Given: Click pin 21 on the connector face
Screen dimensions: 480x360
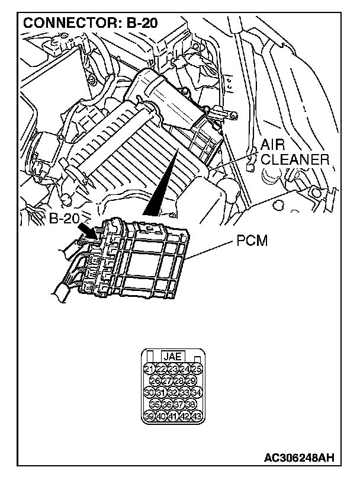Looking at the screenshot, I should pos(149,370).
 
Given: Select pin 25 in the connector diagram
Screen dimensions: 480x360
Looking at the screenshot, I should pos(197,370).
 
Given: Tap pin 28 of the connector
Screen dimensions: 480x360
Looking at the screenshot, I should pos(179,381).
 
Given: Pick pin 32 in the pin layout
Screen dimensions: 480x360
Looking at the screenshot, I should pos(173,392).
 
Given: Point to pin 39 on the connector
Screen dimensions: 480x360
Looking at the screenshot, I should pos(149,415).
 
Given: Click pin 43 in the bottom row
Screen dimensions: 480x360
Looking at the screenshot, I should pos(197,415).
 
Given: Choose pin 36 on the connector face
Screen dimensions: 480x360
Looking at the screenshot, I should pos(167,404).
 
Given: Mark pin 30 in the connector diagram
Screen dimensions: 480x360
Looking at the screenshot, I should pos(149,392).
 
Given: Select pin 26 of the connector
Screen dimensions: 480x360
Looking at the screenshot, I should pos(155,381).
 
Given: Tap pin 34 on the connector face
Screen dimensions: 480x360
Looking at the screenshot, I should pos(197,392).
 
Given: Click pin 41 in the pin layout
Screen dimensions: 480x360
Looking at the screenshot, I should pos(173,415).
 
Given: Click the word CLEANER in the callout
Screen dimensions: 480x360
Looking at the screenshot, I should pos(295,159).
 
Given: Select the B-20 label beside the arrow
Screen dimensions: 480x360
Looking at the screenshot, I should pos(64,218).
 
